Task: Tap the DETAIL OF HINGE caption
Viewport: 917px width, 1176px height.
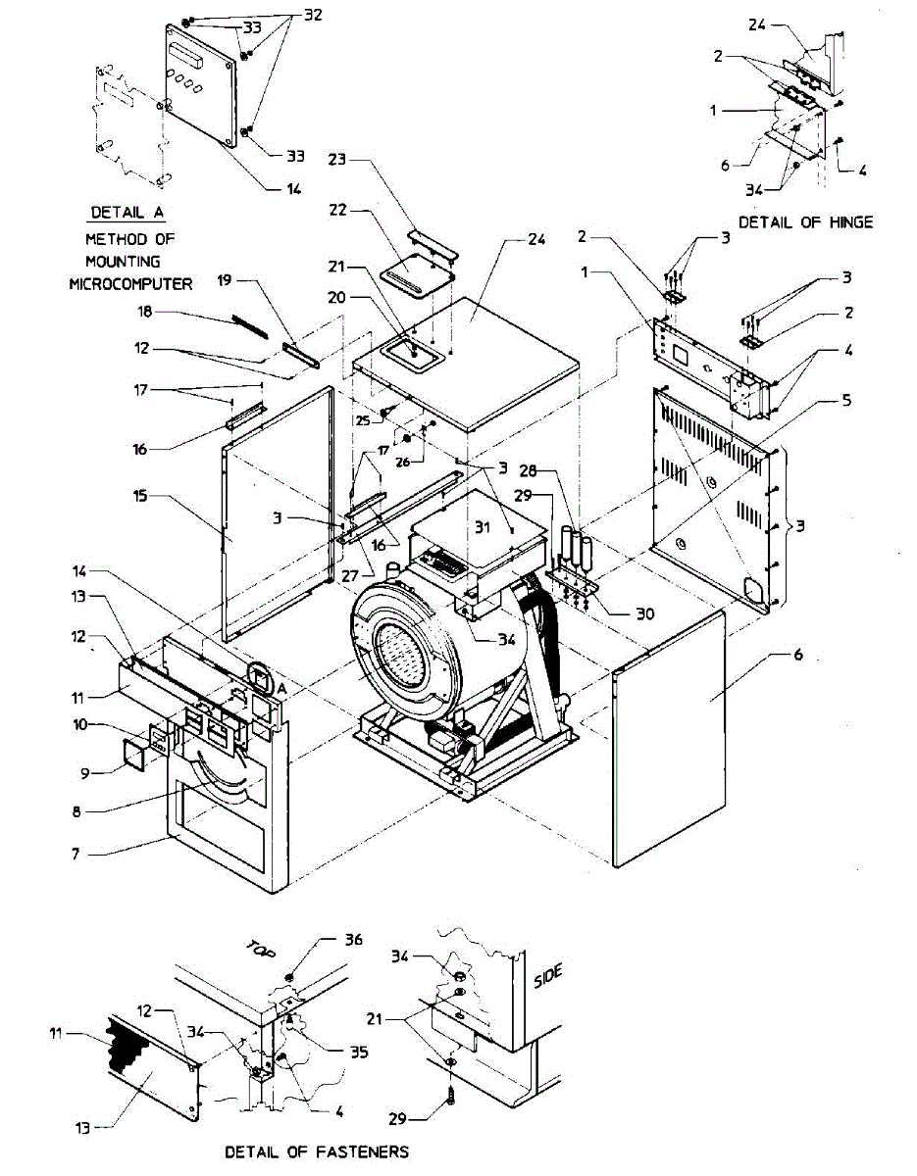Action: coord(805,222)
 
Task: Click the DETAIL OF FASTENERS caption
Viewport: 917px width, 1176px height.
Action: coord(317,1151)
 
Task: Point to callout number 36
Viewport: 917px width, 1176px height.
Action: coord(352,938)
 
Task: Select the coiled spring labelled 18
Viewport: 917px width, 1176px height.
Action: coord(251,326)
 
